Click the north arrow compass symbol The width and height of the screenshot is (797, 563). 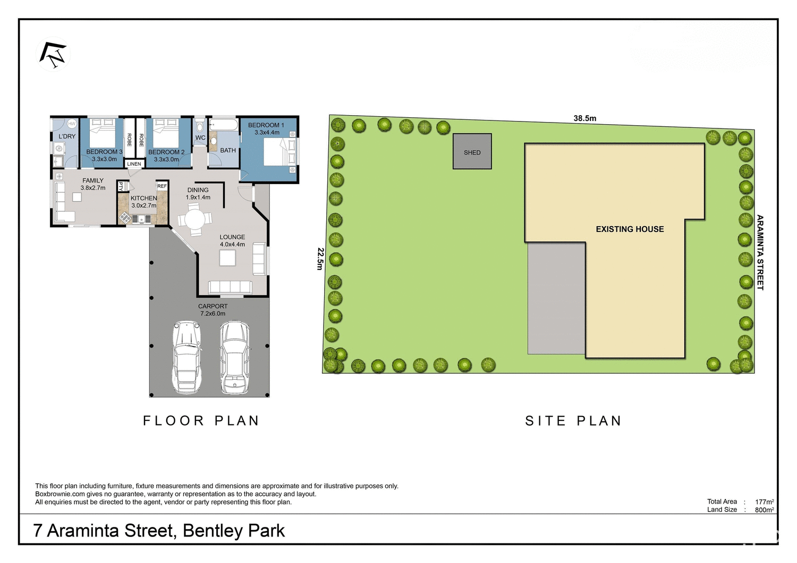coord(53,54)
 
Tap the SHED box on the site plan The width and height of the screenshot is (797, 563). coord(472,152)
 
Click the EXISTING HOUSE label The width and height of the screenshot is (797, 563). coord(630,229)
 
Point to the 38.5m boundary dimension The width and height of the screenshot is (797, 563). coord(584,118)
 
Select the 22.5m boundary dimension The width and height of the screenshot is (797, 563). coord(320,258)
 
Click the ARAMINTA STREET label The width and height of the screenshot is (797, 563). coord(760,252)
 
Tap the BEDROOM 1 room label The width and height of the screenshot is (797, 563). coord(266,125)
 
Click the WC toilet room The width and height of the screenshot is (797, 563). coord(200,137)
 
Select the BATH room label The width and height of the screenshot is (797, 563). coord(228,150)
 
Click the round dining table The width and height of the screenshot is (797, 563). coord(195,219)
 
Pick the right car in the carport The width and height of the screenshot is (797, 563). coord(235,357)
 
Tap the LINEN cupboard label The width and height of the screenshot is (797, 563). coord(134,164)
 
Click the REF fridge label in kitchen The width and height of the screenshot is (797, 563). coord(162,186)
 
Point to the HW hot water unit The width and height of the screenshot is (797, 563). coord(72,124)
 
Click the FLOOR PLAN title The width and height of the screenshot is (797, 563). coord(201,421)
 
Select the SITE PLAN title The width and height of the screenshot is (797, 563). coord(573,421)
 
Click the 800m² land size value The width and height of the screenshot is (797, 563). coord(764,510)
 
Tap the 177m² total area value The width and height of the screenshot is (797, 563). coord(764,501)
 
